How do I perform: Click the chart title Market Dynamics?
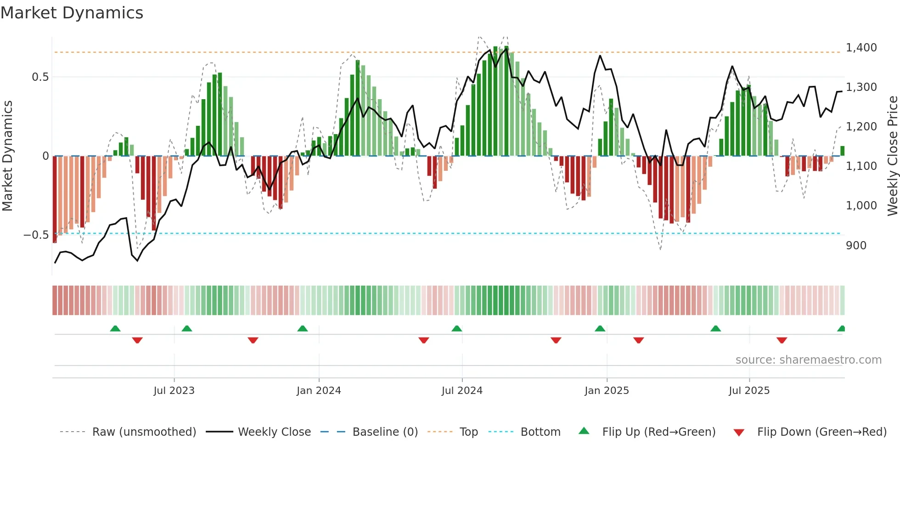(x=72, y=13)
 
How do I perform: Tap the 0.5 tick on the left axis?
(x=40, y=77)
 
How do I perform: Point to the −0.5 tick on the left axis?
(x=36, y=235)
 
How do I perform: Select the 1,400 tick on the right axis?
(x=861, y=48)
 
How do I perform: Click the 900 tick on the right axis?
(x=856, y=246)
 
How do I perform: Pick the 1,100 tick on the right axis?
(x=861, y=166)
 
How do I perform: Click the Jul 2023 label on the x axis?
(x=174, y=391)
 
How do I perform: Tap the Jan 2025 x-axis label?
(x=607, y=391)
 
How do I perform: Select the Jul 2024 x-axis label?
(x=462, y=391)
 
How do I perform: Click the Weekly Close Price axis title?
(x=892, y=156)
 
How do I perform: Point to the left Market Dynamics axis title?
(x=7, y=156)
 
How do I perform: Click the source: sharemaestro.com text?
(x=808, y=360)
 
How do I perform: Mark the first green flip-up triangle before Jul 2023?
(x=115, y=329)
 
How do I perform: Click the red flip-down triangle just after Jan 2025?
(x=638, y=340)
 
